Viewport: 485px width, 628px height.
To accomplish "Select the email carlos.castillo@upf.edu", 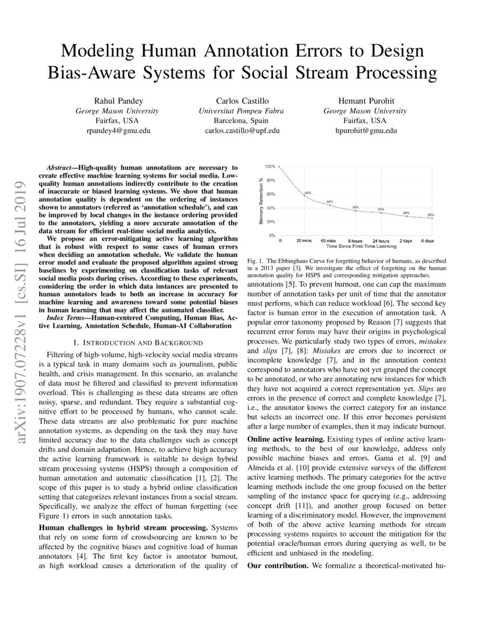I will (x=242, y=131).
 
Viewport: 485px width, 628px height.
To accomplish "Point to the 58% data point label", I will (x=308, y=193).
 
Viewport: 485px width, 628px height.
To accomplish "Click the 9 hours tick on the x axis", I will (x=355, y=241).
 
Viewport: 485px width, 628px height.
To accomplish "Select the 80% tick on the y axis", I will (x=271, y=180).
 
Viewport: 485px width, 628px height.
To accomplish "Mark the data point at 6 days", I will (x=431, y=219).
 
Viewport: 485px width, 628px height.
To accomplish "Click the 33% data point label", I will (x=381, y=209).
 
